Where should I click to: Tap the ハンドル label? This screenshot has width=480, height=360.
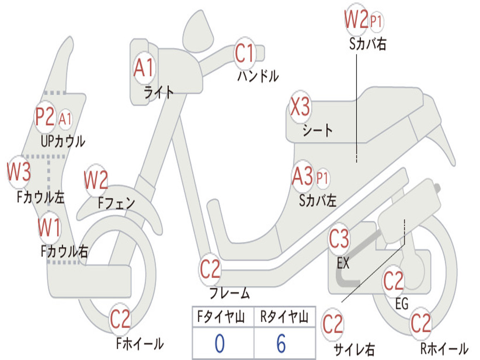[x=257, y=76]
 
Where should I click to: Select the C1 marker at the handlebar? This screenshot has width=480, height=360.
[x=244, y=53]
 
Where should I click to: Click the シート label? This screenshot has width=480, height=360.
[x=317, y=130]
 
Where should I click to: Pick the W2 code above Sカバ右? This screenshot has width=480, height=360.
[x=356, y=20]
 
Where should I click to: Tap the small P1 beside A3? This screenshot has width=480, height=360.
[x=322, y=178]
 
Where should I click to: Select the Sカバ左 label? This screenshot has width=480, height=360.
[x=318, y=201]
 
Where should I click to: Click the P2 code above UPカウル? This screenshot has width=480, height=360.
[x=45, y=118]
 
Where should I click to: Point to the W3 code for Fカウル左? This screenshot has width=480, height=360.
[x=19, y=172]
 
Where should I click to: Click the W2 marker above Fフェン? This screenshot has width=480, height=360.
[x=96, y=180]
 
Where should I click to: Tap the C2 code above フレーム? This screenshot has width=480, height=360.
[x=210, y=269]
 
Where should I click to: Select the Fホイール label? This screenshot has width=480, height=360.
[x=140, y=344]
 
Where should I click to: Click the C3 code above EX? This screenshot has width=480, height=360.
[x=338, y=240]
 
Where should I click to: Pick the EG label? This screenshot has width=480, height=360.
[x=401, y=304]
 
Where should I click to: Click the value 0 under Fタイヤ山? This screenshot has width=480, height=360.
[x=219, y=343]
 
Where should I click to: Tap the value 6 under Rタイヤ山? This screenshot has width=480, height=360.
[x=281, y=343]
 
